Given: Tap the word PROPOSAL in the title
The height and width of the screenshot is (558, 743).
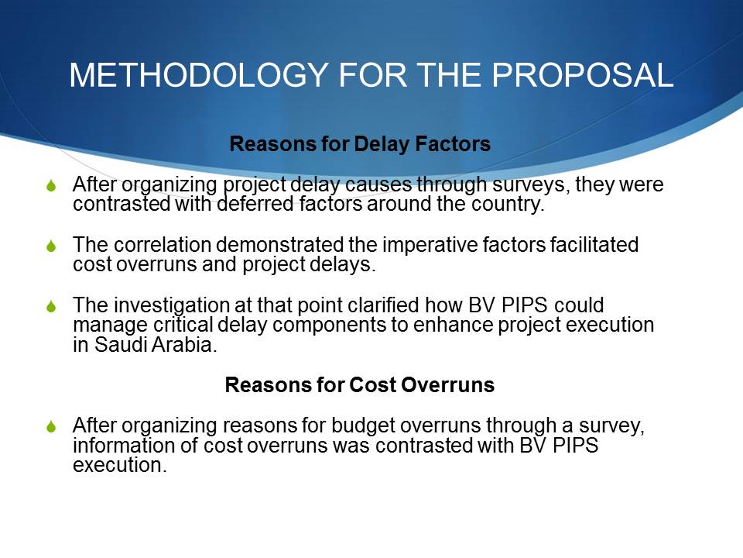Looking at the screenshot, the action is coord(582,75).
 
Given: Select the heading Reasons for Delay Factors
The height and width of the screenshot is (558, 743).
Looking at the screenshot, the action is coord(360,144).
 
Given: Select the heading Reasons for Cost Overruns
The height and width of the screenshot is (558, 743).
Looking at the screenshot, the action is coord(360,385).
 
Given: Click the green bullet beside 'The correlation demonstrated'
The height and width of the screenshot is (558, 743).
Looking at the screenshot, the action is coord(52,246).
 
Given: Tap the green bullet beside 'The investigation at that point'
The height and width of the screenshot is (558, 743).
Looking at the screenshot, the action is coord(52,307).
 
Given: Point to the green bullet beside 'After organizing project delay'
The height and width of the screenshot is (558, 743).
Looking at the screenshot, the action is coord(52,185).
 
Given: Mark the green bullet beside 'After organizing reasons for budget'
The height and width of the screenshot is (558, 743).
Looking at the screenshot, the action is coord(52,426).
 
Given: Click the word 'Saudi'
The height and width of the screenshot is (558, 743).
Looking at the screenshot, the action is coord(121,344).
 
